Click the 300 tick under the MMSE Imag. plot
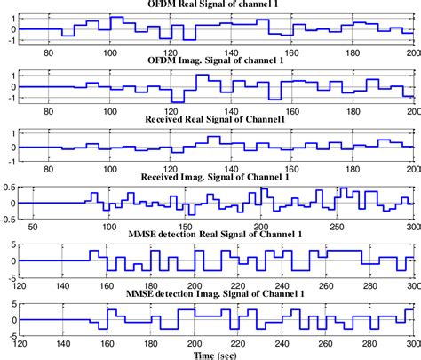[x=411, y=344]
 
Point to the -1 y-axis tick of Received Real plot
[x=12, y=161]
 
